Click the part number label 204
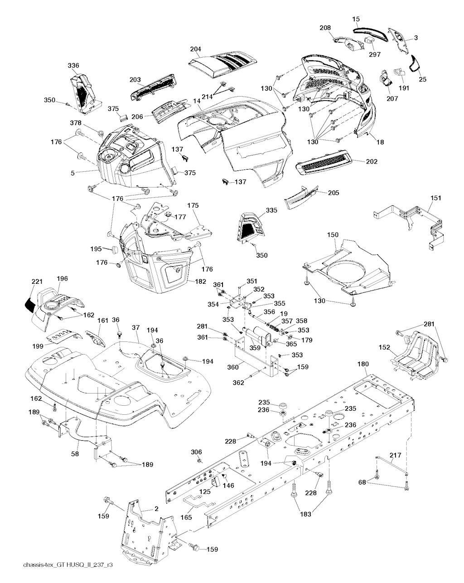click(196, 49)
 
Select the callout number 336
click(73, 66)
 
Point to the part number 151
click(436, 198)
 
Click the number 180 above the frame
click(363, 364)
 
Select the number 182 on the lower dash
click(200, 282)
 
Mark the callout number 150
click(333, 234)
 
